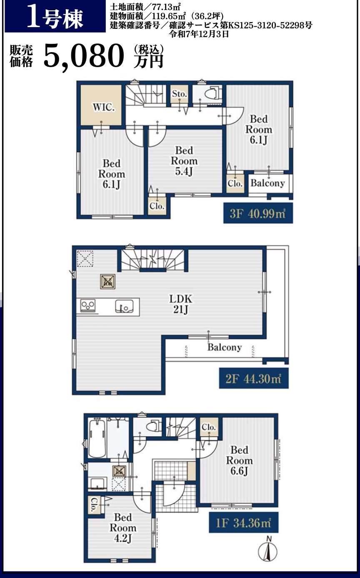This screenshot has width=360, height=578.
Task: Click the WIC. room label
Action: pos(104,107)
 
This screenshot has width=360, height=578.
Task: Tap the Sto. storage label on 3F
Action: pos(180,94)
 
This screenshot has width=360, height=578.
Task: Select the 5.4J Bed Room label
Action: pos(184,161)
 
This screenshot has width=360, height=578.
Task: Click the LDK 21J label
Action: pos(180,304)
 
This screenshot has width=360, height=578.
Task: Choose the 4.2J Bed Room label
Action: pos(123,528)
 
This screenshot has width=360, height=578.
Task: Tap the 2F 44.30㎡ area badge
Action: pos(254,378)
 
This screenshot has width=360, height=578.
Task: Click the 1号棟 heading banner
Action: pos(55,17)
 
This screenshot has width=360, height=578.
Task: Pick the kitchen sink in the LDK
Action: pos(124,307)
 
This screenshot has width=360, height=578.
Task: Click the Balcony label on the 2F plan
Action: pos(224,347)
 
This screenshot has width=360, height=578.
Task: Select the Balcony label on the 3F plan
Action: pos(267,183)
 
